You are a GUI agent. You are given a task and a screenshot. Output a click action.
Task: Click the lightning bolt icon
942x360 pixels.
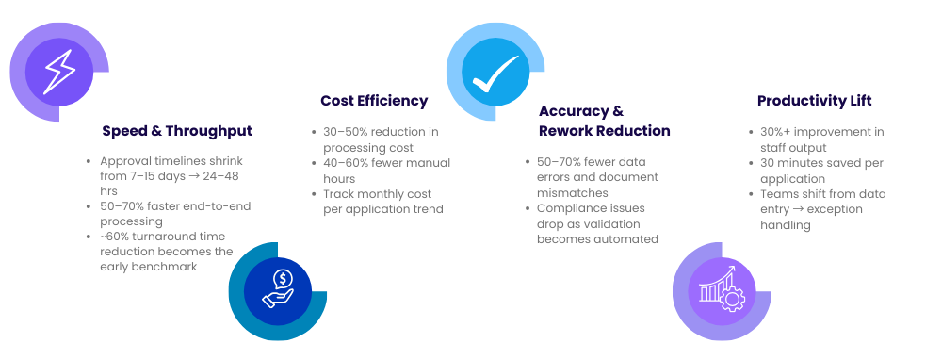59,72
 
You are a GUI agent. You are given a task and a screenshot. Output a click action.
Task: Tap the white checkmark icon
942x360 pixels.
495,74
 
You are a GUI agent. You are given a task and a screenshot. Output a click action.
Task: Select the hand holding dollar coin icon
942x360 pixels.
278,289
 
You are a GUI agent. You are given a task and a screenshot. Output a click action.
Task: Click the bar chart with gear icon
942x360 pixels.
722,288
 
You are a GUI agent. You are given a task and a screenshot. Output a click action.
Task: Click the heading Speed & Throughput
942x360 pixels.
177,131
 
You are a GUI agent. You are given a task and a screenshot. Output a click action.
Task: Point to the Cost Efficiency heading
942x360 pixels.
374,101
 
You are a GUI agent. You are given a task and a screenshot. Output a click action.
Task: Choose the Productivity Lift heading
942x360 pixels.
814,101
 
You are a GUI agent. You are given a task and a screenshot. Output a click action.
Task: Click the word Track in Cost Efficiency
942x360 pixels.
337,195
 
